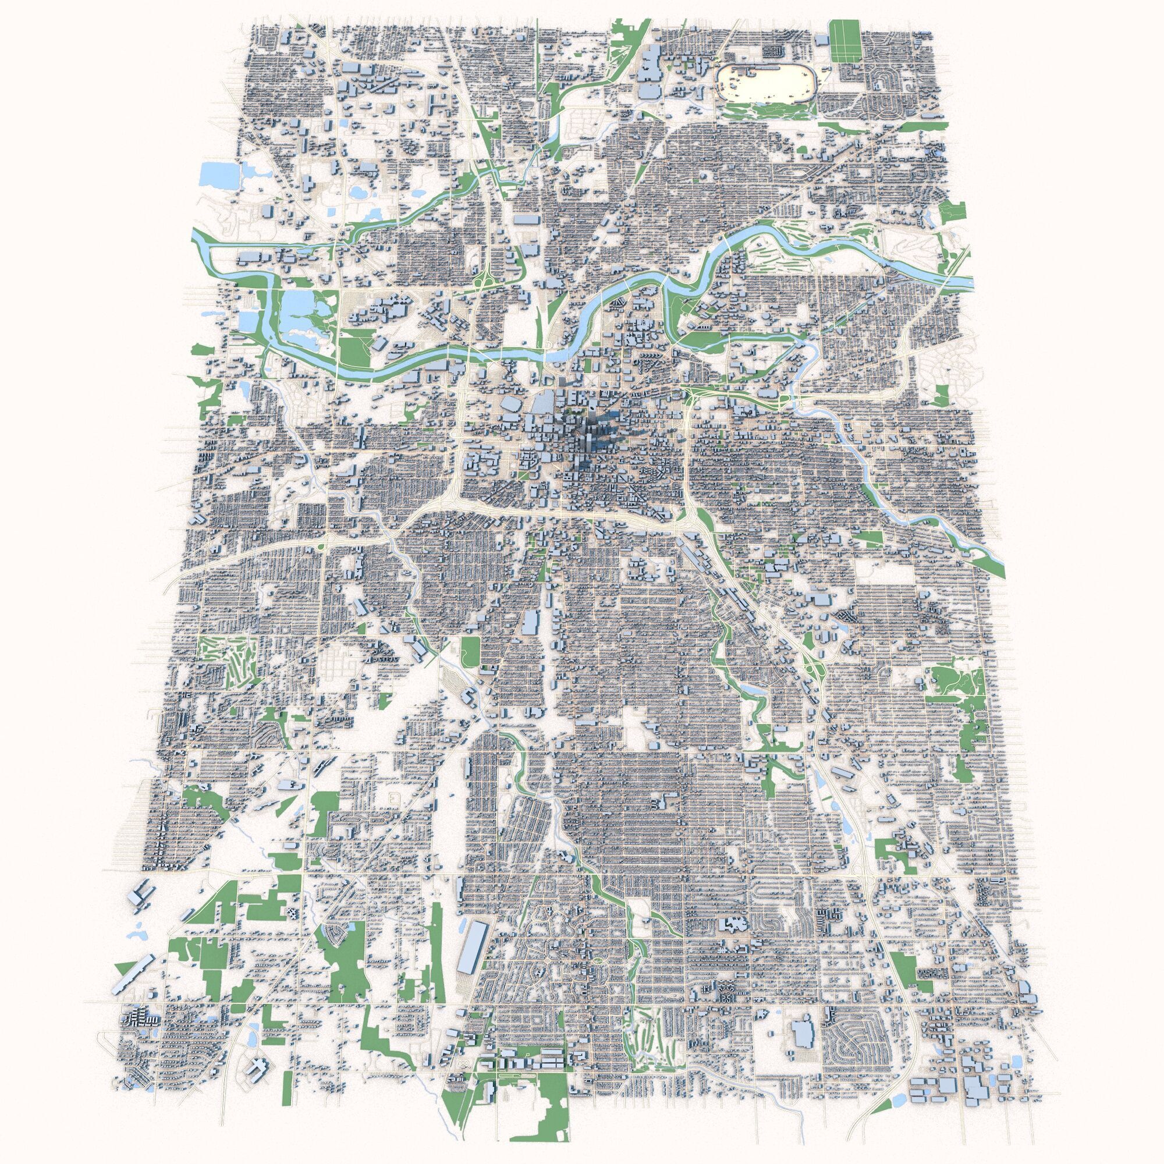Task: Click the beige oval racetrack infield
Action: [x=764, y=84]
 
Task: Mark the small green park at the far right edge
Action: [x=952, y=214]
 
